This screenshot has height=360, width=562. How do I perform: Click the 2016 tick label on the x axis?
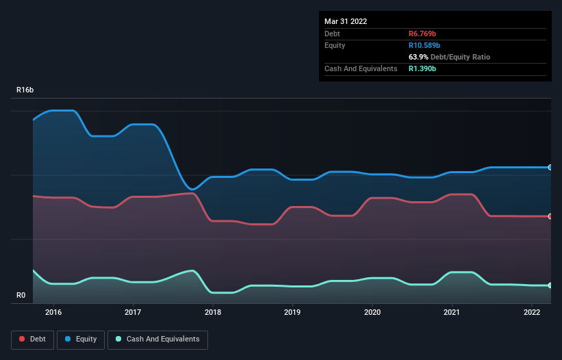pyautogui.click(x=53, y=312)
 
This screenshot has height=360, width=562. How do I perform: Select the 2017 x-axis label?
pyautogui.click(x=133, y=312)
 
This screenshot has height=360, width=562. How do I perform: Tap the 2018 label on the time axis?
pyautogui.click(x=213, y=312)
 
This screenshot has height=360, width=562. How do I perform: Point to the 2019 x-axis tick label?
pyautogui.click(x=292, y=312)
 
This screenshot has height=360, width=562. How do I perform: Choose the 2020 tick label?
pyautogui.click(x=372, y=312)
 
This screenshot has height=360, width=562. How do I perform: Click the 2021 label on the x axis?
pyautogui.click(x=452, y=312)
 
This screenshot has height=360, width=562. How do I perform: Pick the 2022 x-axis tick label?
pyautogui.click(x=532, y=312)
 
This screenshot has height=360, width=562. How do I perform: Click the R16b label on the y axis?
pyautogui.click(x=25, y=90)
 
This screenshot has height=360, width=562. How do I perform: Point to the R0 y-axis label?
pyautogui.click(x=21, y=296)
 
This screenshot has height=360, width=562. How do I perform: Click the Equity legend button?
pyautogui.click(x=81, y=339)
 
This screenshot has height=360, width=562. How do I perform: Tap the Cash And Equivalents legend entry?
pyautogui.click(x=157, y=339)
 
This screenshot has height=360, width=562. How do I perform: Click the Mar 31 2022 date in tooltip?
pyautogui.click(x=346, y=21)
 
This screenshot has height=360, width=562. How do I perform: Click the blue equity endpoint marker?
pyautogui.click(x=550, y=167)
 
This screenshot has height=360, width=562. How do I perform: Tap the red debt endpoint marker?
pyautogui.click(x=550, y=216)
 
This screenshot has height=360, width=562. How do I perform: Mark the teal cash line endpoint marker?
pyautogui.click(x=550, y=285)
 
